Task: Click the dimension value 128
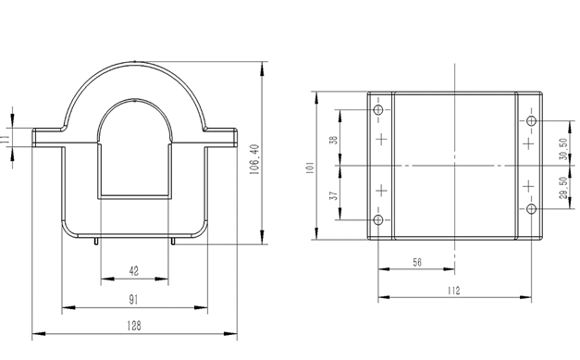(134, 325)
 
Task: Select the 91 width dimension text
(134, 300)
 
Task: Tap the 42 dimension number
(134, 271)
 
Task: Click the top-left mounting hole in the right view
(378, 112)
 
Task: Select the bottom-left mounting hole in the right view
(378, 219)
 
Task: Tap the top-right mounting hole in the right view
(531, 122)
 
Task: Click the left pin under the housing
(97, 242)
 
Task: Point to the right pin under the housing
(173, 242)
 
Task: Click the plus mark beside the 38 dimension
(379, 140)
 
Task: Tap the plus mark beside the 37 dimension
(379, 191)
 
